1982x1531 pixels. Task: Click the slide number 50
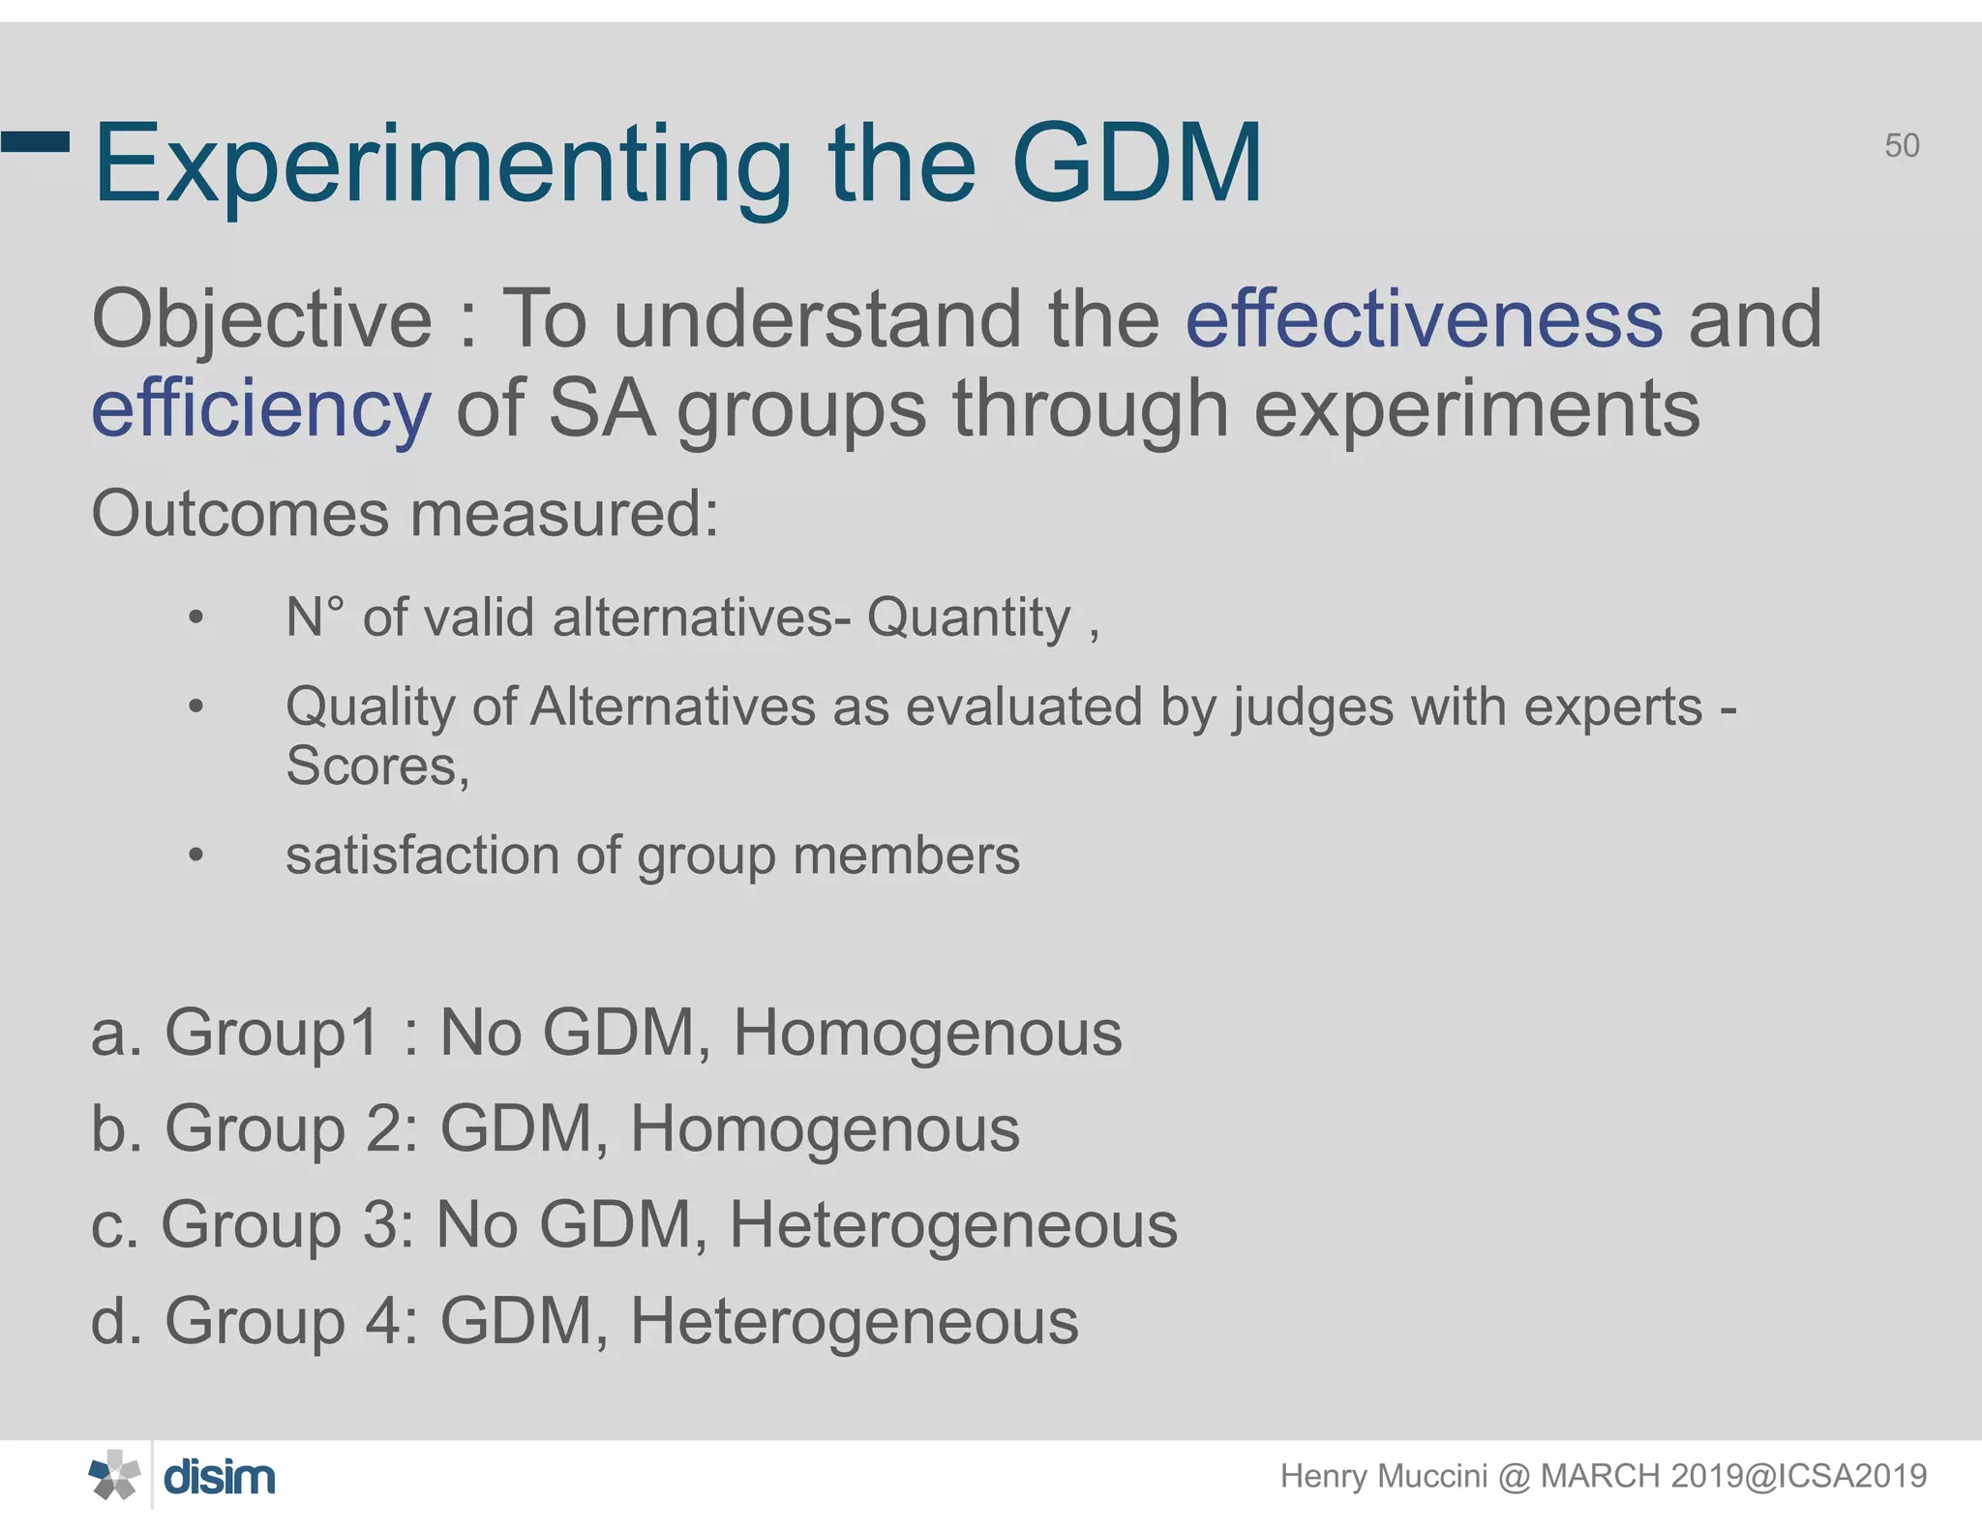1902,146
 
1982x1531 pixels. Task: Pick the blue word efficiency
260,410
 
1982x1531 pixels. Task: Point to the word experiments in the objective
1477,409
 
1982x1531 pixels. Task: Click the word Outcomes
241,513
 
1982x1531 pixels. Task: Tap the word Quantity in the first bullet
969,617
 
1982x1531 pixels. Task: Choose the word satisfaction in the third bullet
422,856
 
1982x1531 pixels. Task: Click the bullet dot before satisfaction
196,856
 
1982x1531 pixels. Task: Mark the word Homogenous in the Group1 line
927,1033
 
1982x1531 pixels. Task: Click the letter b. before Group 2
116,1128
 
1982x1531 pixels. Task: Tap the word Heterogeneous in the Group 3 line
952,1225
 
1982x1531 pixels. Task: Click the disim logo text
220,1478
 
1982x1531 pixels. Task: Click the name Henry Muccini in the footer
1383,1477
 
